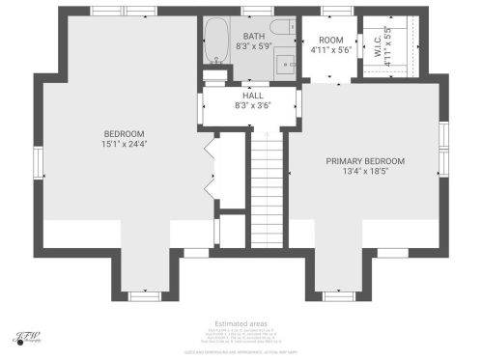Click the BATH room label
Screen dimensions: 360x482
pyautogui.click(x=254, y=36)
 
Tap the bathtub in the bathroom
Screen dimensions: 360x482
pyautogui.click(x=216, y=40)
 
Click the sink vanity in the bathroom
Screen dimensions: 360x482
pyautogui.click(x=286, y=64)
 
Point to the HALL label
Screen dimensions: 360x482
pyautogui.click(x=253, y=96)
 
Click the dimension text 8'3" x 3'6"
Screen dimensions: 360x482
pyautogui.click(x=253, y=106)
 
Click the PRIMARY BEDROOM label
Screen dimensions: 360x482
pyautogui.click(x=365, y=161)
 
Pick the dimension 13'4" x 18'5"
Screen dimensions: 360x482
pyautogui.click(x=365, y=172)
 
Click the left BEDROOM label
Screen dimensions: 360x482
pyautogui.click(x=124, y=133)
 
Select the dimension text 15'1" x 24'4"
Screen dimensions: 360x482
pyautogui.click(x=124, y=145)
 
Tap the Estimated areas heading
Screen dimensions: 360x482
pyautogui.click(x=241, y=323)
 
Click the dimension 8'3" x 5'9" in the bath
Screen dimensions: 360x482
pyautogui.click(x=254, y=46)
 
